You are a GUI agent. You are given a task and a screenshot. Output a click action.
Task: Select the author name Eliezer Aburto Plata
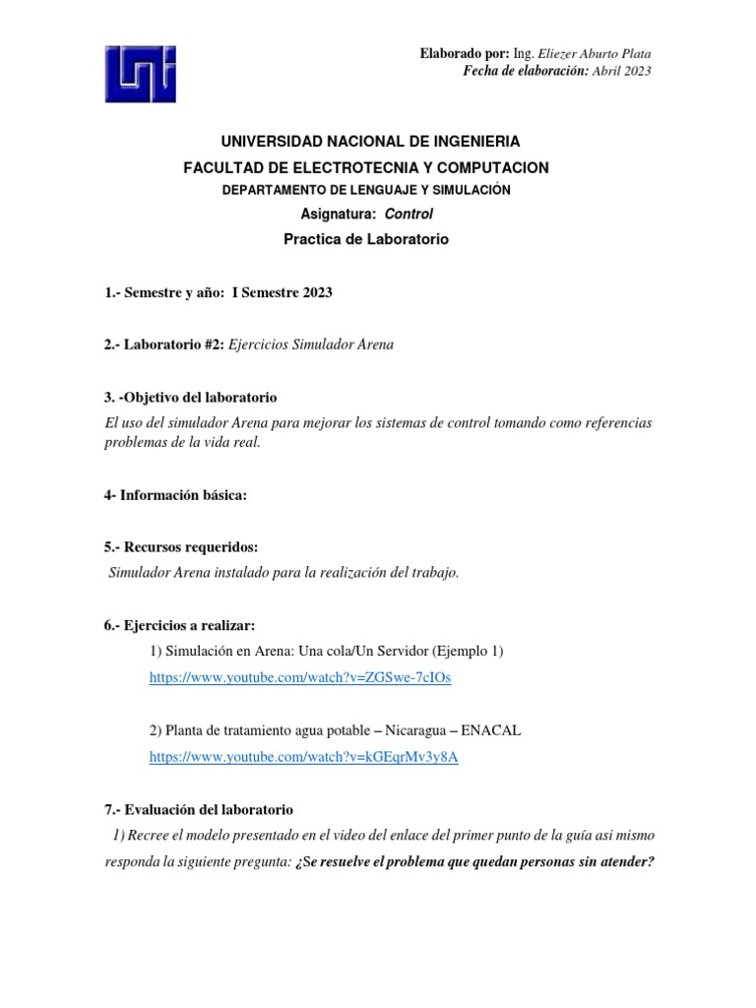click(x=594, y=53)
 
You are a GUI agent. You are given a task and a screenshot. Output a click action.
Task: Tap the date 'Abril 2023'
click(x=621, y=71)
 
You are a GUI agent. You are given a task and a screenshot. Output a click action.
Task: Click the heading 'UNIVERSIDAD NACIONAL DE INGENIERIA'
click(x=366, y=143)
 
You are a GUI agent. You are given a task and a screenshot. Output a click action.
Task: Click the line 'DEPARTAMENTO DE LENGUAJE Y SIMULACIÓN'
click(x=366, y=190)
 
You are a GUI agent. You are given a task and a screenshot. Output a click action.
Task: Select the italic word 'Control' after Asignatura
click(x=408, y=213)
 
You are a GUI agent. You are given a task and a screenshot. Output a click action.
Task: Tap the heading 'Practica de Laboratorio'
click(x=366, y=239)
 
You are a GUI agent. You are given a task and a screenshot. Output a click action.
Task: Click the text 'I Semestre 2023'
click(x=282, y=292)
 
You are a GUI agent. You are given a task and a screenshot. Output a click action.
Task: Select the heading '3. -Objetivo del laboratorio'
click(x=191, y=398)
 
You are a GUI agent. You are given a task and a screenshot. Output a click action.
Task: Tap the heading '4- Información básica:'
click(x=175, y=495)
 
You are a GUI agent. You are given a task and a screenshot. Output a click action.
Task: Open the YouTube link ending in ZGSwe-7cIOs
click(x=299, y=678)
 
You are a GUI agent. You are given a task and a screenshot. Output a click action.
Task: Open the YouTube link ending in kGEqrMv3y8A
click(x=303, y=757)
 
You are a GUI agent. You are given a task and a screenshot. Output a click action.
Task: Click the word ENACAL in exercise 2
click(x=488, y=730)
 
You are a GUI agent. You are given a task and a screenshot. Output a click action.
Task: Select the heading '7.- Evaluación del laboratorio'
click(x=199, y=809)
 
